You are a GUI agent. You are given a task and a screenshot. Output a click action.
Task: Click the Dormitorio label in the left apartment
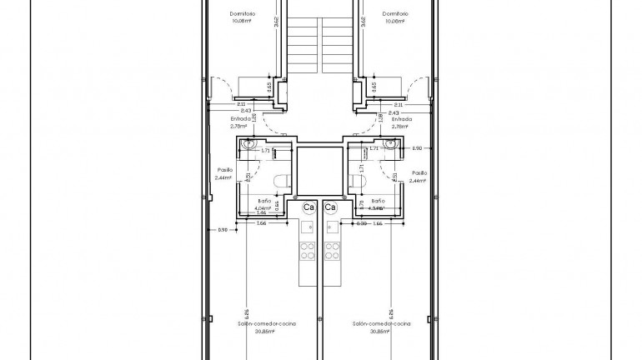(x=243, y=13)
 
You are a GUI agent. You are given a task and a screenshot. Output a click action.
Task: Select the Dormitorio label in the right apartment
(x=395, y=13)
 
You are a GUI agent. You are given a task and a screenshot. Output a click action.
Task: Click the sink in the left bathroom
(x=247, y=148)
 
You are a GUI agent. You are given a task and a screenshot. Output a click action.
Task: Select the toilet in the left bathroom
(x=282, y=179)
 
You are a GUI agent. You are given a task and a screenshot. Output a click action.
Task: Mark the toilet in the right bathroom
(x=359, y=179)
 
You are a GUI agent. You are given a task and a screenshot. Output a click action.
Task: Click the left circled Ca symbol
(x=308, y=207)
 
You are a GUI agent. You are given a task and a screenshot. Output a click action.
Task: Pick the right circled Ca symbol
(x=330, y=207)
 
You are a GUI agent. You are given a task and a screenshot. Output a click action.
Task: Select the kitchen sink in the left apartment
(x=305, y=227)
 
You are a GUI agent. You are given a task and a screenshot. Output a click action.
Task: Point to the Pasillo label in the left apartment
(x=223, y=170)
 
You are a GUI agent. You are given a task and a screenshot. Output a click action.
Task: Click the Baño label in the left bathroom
(x=263, y=201)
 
